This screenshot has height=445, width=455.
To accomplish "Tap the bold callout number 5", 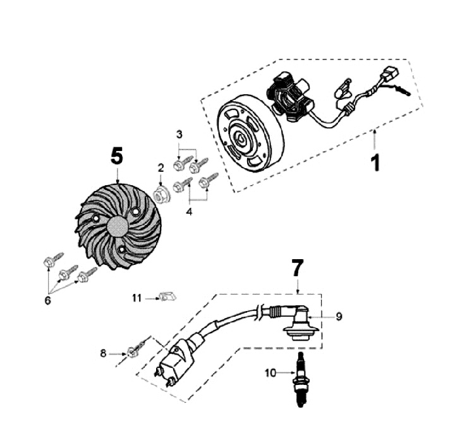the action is (117, 155).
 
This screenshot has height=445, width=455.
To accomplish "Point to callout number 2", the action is (161, 168).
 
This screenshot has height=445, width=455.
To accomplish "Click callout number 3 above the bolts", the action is (179, 135).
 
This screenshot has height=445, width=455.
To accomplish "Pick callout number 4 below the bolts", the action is (190, 212).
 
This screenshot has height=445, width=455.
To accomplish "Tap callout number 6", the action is (48, 300).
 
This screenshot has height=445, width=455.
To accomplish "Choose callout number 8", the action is (104, 354).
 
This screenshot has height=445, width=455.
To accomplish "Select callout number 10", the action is (270, 374).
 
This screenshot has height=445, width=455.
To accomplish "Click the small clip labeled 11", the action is (167, 295).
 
